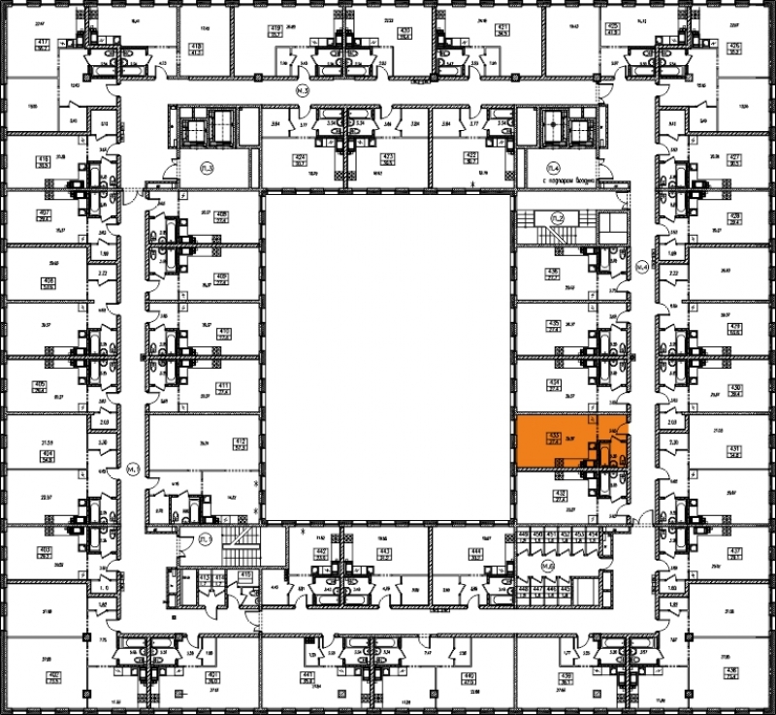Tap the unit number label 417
pyautogui.click(x=43, y=45)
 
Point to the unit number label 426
pyautogui.click(x=734, y=46)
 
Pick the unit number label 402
pyautogui.click(x=54, y=675)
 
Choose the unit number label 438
pyautogui.click(x=731, y=670)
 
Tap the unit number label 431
pyautogui.click(x=733, y=447)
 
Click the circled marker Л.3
pyautogui.click(x=207, y=169)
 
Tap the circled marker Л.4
pyautogui.click(x=556, y=168)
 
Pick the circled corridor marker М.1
pyautogui.click(x=134, y=469)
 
